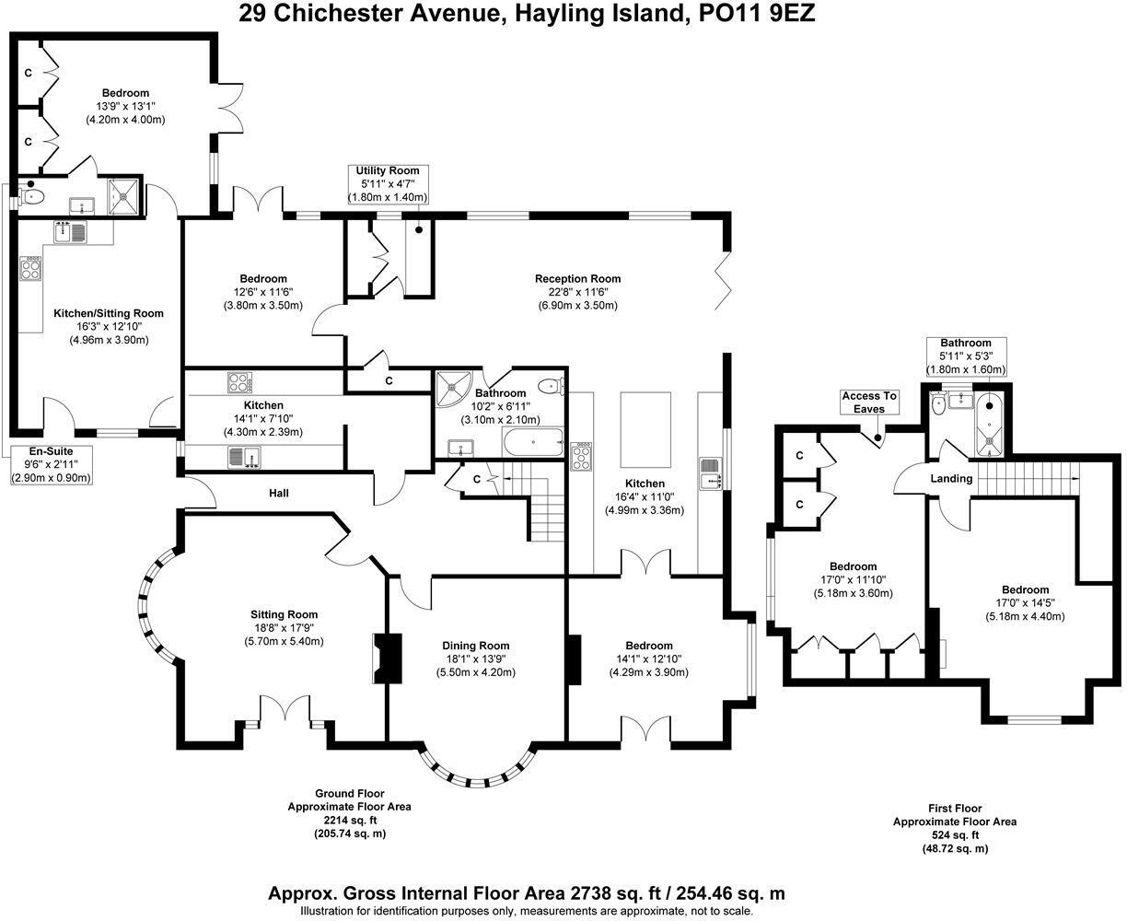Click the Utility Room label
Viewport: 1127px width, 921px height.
pos(387,171)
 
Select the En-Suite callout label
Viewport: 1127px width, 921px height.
pos(51,451)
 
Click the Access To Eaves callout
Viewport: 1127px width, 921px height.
pos(868,402)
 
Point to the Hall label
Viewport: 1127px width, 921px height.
pos(279,494)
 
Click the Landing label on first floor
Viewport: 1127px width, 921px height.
pos(951,478)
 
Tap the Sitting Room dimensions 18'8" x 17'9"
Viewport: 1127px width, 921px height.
pos(284,628)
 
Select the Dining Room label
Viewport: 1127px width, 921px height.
pos(475,646)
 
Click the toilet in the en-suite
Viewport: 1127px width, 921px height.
pos(33,195)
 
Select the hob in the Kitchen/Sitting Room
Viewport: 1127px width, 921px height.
pos(30,269)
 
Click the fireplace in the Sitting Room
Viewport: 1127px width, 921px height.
pos(387,658)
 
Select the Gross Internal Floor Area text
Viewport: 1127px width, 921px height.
pos(526,892)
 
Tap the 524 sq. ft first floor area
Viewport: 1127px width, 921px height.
pos(954,834)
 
